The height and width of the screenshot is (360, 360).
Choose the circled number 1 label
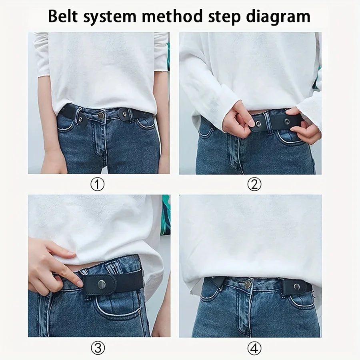tap(98, 184)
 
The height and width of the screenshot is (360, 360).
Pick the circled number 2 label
tap(254, 184)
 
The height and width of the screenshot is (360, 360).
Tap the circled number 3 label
tap(98, 349)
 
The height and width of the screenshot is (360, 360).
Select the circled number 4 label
tap(254, 349)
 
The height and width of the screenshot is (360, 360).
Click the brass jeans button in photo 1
tap(101, 115)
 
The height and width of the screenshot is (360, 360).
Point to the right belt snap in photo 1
tap(125, 114)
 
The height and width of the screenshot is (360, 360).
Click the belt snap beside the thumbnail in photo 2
tap(258, 124)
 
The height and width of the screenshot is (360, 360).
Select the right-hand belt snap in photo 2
tap(286, 121)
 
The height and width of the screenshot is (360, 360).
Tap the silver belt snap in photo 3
tap(102, 284)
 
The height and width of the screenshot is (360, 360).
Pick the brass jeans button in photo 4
tap(248, 284)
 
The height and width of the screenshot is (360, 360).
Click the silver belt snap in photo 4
tap(296, 286)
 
